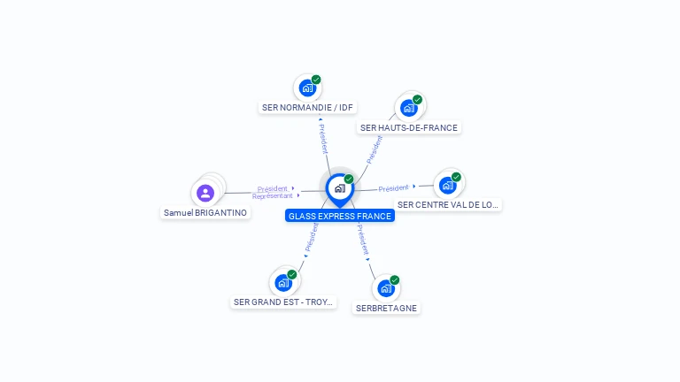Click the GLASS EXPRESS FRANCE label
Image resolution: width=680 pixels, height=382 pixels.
coord(339,216)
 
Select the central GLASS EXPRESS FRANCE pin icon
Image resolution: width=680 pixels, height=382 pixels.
coord(339,188)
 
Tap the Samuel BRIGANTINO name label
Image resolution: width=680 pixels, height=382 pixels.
coord(205,212)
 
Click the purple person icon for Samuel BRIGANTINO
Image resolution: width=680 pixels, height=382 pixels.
coord(205,193)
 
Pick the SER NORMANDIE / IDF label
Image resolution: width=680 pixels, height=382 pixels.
coord(307,107)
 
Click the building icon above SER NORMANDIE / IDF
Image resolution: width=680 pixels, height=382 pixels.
coord(306,88)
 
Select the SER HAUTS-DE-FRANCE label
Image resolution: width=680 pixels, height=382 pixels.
coord(409,127)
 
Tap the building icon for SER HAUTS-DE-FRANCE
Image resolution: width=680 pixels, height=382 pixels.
coord(408,108)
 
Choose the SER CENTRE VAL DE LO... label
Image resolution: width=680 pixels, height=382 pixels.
coord(448,204)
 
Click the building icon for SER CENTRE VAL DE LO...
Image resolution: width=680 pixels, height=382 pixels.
coord(447,185)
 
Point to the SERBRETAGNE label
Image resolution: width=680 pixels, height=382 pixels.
coord(386,308)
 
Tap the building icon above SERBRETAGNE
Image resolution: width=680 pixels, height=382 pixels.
coord(385,288)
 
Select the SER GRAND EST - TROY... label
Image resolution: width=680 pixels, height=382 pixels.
coord(284,302)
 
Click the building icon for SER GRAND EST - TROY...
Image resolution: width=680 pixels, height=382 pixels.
coord(283,283)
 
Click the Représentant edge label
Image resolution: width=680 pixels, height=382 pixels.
coord(272,196)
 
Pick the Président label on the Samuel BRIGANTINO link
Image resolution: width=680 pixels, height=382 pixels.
coord(273,188)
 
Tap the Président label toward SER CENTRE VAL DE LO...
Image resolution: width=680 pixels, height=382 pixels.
coord(393,187)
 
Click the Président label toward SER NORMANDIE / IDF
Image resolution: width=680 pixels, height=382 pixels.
coord(323,138)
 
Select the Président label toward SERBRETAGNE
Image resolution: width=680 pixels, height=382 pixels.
coord(363,240)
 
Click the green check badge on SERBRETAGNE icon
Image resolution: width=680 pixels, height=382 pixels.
coord(394,280)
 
